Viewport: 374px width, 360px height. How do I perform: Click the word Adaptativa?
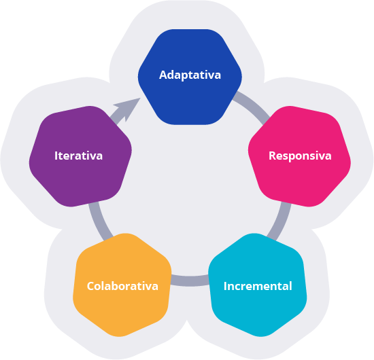pos(190,75)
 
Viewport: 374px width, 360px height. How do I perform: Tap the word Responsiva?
pos(300,156)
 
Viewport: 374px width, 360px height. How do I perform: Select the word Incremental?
pos(258,286)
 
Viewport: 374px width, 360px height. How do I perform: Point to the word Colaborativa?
pos(122,286)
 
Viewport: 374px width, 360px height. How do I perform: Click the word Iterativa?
pos(78,156)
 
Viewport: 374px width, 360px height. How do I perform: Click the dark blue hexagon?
pos(190,77)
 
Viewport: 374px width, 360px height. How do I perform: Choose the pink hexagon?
pos(299,156)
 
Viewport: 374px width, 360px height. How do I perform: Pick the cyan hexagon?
pos(258,285)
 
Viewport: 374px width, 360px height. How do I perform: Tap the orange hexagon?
pos(122,285)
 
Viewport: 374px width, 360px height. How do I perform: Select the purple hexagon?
pos(80,156)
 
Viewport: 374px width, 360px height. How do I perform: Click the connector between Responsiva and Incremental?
pos(280,221)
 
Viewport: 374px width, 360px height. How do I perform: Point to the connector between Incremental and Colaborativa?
pos(190,281)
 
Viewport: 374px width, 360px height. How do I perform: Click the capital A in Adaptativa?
pos(163,75)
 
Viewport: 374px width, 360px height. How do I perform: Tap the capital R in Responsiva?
pos(273,156)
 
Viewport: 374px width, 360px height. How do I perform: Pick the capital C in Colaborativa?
pos(91,286)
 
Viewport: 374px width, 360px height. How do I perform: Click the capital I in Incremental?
pos(225,286)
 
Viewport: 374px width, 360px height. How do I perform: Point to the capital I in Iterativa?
pos(56,156)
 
